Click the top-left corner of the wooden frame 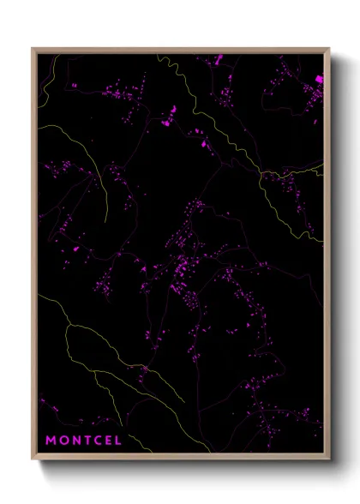(x=33, y=49)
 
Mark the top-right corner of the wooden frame (x=329, y=49)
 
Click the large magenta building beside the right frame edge (x=320, y=79)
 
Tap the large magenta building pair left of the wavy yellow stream (x=171, y=111)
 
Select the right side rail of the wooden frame (x=327, y=257)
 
